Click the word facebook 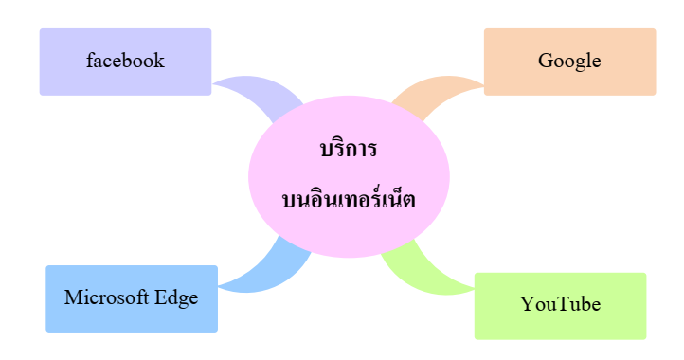tap(125, 62)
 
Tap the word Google tap(569, 62)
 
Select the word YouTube tap(560, 305)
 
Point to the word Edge tap(177, 297)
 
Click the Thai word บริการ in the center tap(349, 150)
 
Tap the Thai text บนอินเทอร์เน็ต tap(349, 201)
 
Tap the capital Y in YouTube tap(527, 305)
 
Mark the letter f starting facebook tap(90, 62)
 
